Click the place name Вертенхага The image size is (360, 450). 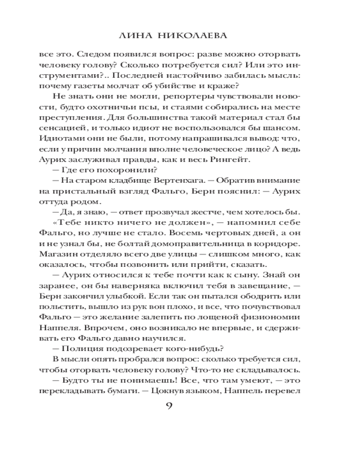165,180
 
